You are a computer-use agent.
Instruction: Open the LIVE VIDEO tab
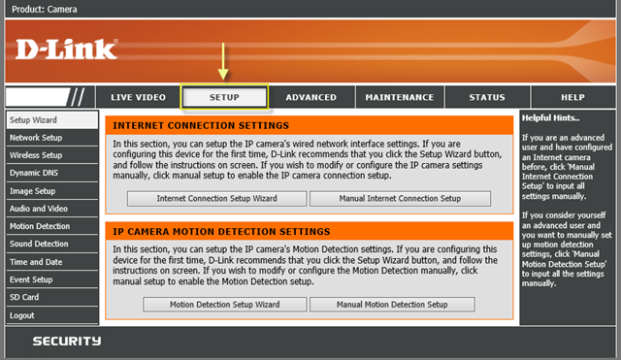click(x=138, y=97)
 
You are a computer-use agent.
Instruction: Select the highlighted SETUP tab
click(x=224, y=97)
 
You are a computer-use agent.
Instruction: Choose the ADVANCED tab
click(x=310, y=97)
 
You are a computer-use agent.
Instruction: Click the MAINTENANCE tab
click(x=400, y=97)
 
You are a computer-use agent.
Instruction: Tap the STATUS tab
click(x=486, y=97)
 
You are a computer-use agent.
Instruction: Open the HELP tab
click(x=572, y=97)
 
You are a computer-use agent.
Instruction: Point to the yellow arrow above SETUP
click(x=224, y=60)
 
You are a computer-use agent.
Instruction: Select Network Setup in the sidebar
click(x=36, y=138)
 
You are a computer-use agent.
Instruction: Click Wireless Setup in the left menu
click(x=36, y=155)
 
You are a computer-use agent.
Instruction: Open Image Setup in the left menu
click(x=32, y=191)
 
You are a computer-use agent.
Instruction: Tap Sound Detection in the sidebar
click(x=39, y=244)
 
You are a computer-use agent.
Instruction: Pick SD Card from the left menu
click(x=24, y=297)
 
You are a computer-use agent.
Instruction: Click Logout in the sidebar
click(x=21, y=314)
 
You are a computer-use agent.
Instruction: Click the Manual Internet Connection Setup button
click(x=400, y=198)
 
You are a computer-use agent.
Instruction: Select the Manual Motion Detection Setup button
click(x=392, y=304)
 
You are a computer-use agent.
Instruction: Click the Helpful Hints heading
click(x=553, y=117)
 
